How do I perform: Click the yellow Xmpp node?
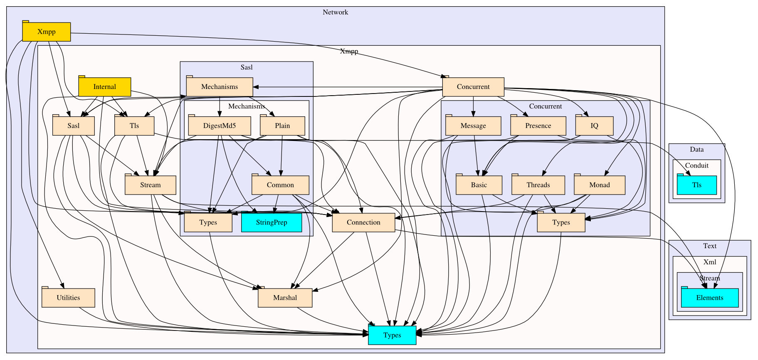click(46, 32)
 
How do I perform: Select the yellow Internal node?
click(104, 87)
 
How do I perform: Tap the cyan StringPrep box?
click(272, 222)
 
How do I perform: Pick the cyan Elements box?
click(709, 298)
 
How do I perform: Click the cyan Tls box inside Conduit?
click(696, 185)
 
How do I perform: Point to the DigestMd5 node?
click(220, 126)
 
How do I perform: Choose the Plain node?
click(282, 126)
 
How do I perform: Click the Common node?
click(280, 185)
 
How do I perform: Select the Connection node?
click(363, 222)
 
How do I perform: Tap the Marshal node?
click(285, 298)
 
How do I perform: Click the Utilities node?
click(68, 298)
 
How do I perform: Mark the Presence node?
click(538, 126)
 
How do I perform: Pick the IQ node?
click(594, 126)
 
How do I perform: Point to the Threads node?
click(538, 185)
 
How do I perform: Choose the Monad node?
click(599, 185)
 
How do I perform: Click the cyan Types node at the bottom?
click(392, 335)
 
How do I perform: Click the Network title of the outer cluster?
click(335, 12)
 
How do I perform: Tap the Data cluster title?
click(696, 150)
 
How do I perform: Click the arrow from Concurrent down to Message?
click(473, 106)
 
